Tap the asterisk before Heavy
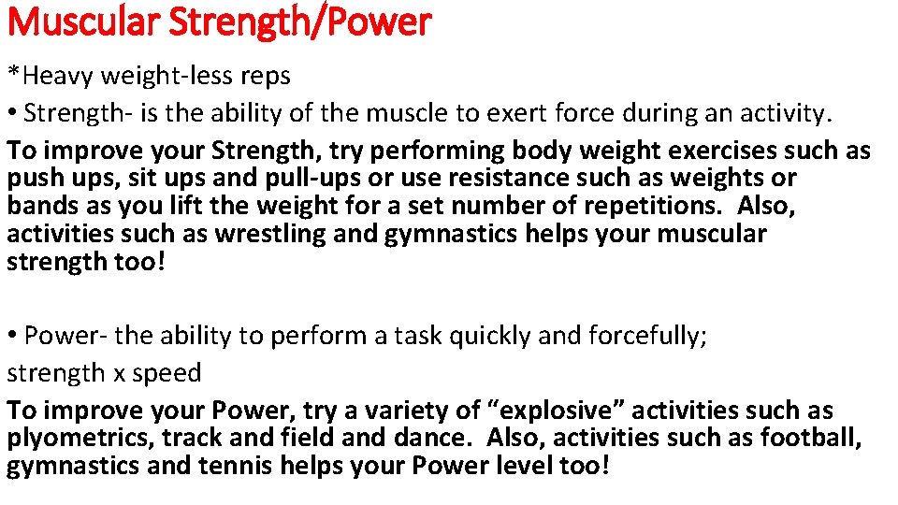click(12, 73)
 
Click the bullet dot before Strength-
click(12, 114)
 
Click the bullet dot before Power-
click(12, 336)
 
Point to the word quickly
click(489, 336)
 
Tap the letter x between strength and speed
click(119, 373)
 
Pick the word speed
click(167, 373)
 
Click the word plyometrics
click(80, 438)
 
